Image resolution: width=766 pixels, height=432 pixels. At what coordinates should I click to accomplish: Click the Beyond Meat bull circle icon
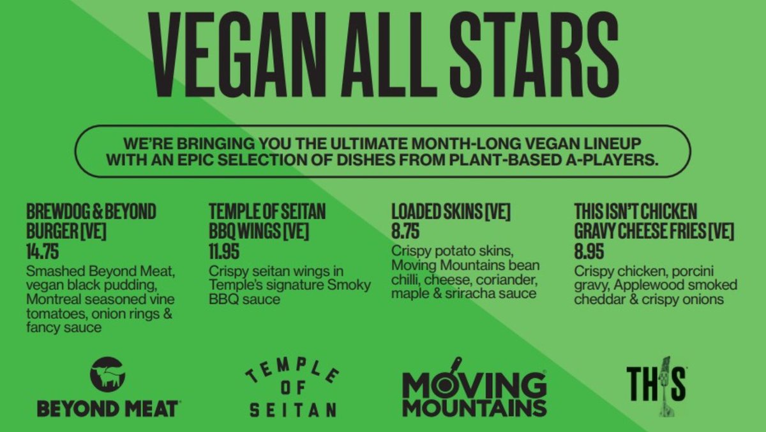click(108, 374)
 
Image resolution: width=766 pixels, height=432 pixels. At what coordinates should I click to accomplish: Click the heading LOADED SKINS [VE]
click(451, 212)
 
